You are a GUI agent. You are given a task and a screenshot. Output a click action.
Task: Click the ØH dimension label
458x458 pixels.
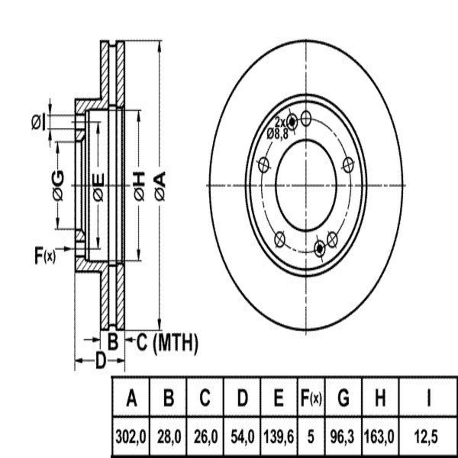click(139, 186)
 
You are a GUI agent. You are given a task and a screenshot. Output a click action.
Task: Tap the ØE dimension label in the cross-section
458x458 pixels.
click(98, 187)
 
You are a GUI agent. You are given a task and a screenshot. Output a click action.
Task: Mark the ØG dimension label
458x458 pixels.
click(58, 186)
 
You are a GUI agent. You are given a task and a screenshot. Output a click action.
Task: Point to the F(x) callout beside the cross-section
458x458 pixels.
click(45, 256)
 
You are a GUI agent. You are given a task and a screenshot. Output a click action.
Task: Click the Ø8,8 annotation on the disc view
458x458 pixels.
click(277, 135)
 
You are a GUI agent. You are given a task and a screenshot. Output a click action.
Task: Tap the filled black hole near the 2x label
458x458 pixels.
click(292, 122)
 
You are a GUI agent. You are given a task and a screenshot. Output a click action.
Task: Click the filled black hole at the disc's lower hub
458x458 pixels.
click(320, 249)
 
